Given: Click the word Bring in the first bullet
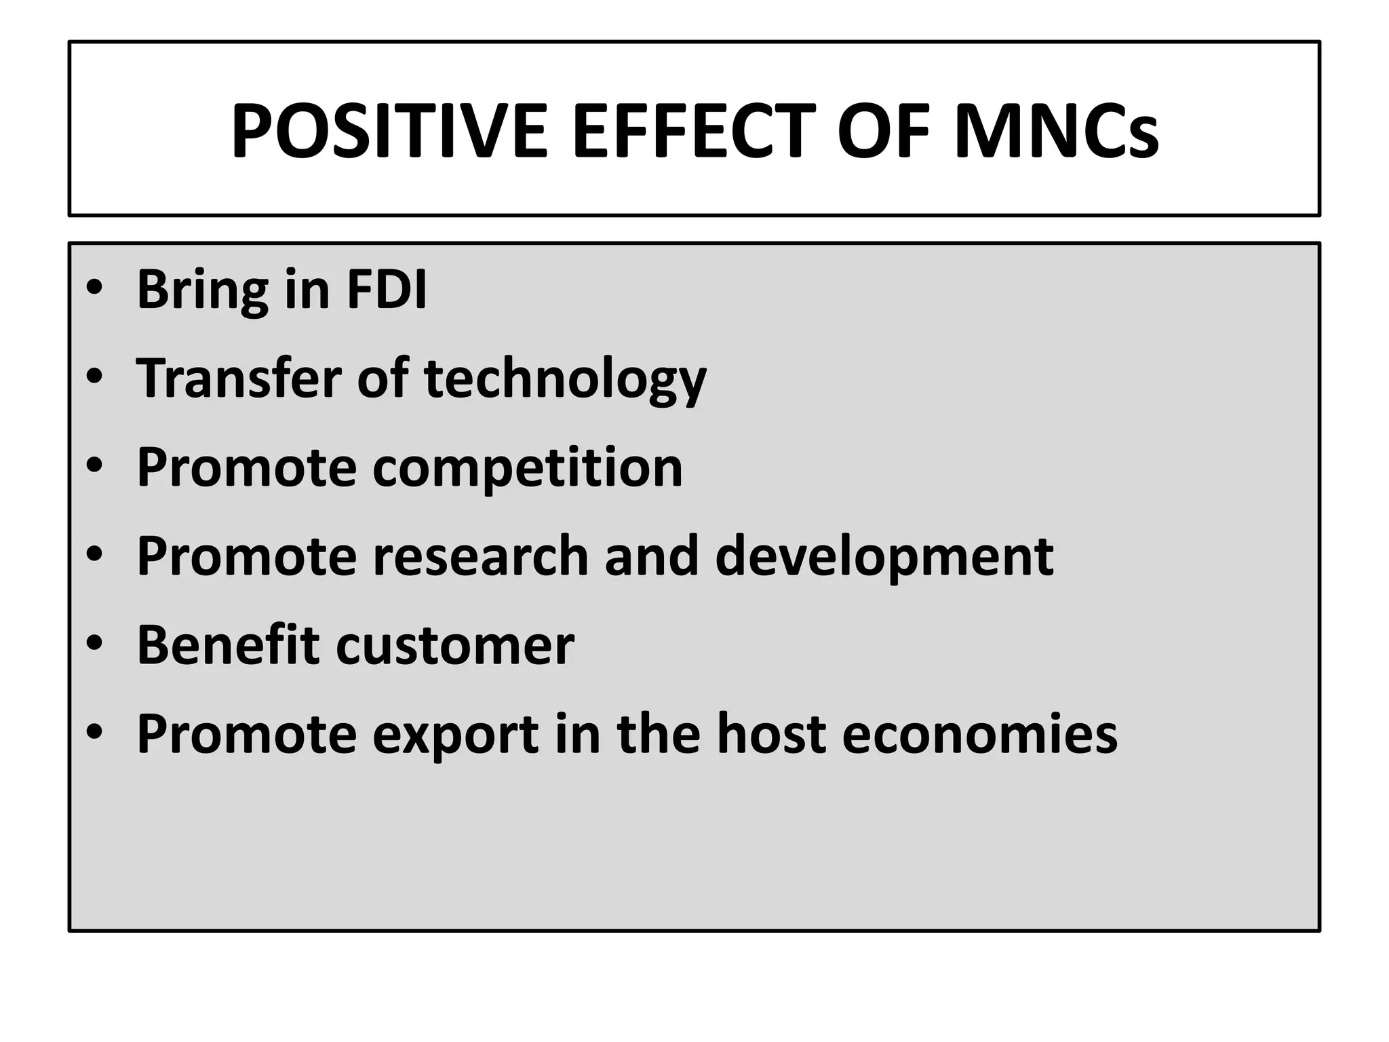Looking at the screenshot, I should (202, 290).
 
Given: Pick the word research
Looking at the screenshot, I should (480, 556).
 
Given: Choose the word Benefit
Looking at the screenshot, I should (228, 644).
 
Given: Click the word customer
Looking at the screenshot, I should (455, 645).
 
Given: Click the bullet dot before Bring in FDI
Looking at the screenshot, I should (94, 288).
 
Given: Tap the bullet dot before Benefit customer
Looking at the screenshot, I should (94, 642).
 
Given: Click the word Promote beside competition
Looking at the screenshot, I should (246, 467).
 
